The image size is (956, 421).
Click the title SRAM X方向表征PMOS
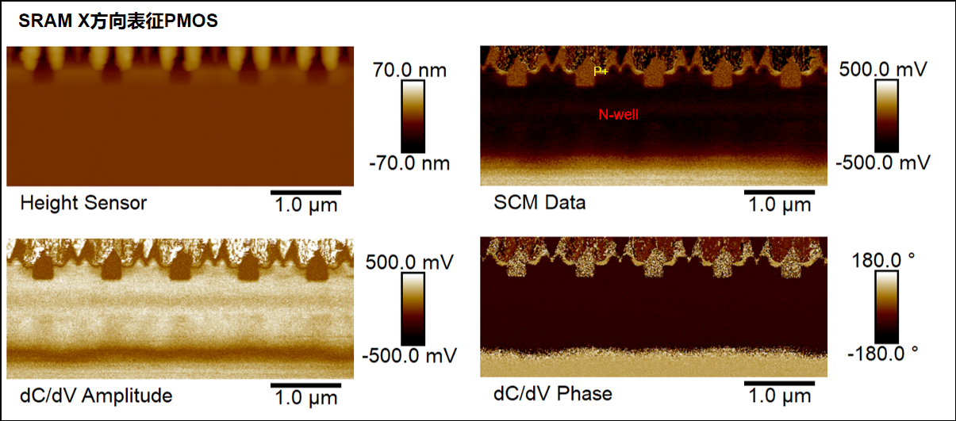click(x=118, y=22)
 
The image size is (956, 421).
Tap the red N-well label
click(x=618, y=115)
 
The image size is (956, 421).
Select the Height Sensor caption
click(x=83, y=203)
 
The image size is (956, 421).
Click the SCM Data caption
click(x=539, y=203)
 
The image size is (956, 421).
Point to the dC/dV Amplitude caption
click(x=96, y=394)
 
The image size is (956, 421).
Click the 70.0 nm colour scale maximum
click(x=410, y=71)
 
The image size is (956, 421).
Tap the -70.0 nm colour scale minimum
click(x=410, y=164)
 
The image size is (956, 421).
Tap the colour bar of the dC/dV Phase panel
click(x=887, y=306)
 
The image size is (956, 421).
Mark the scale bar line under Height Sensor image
click(x=306, y=192)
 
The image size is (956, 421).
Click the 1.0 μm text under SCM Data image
click(x=780, y=206)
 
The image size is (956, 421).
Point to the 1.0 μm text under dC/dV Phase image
click(x=780, y=397)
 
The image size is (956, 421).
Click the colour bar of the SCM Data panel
click(x=887, y=116)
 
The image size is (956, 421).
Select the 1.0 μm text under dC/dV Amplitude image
click(x=306, y=397)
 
